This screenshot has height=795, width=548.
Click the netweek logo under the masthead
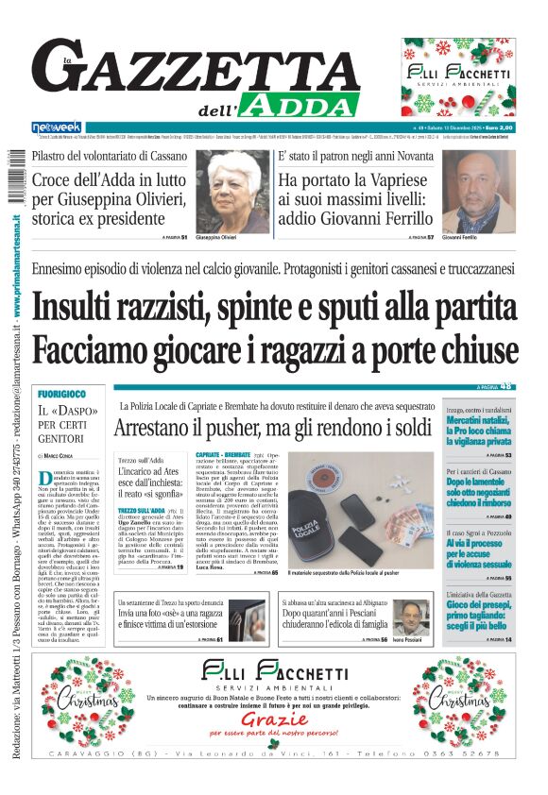(x=57, y=127)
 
